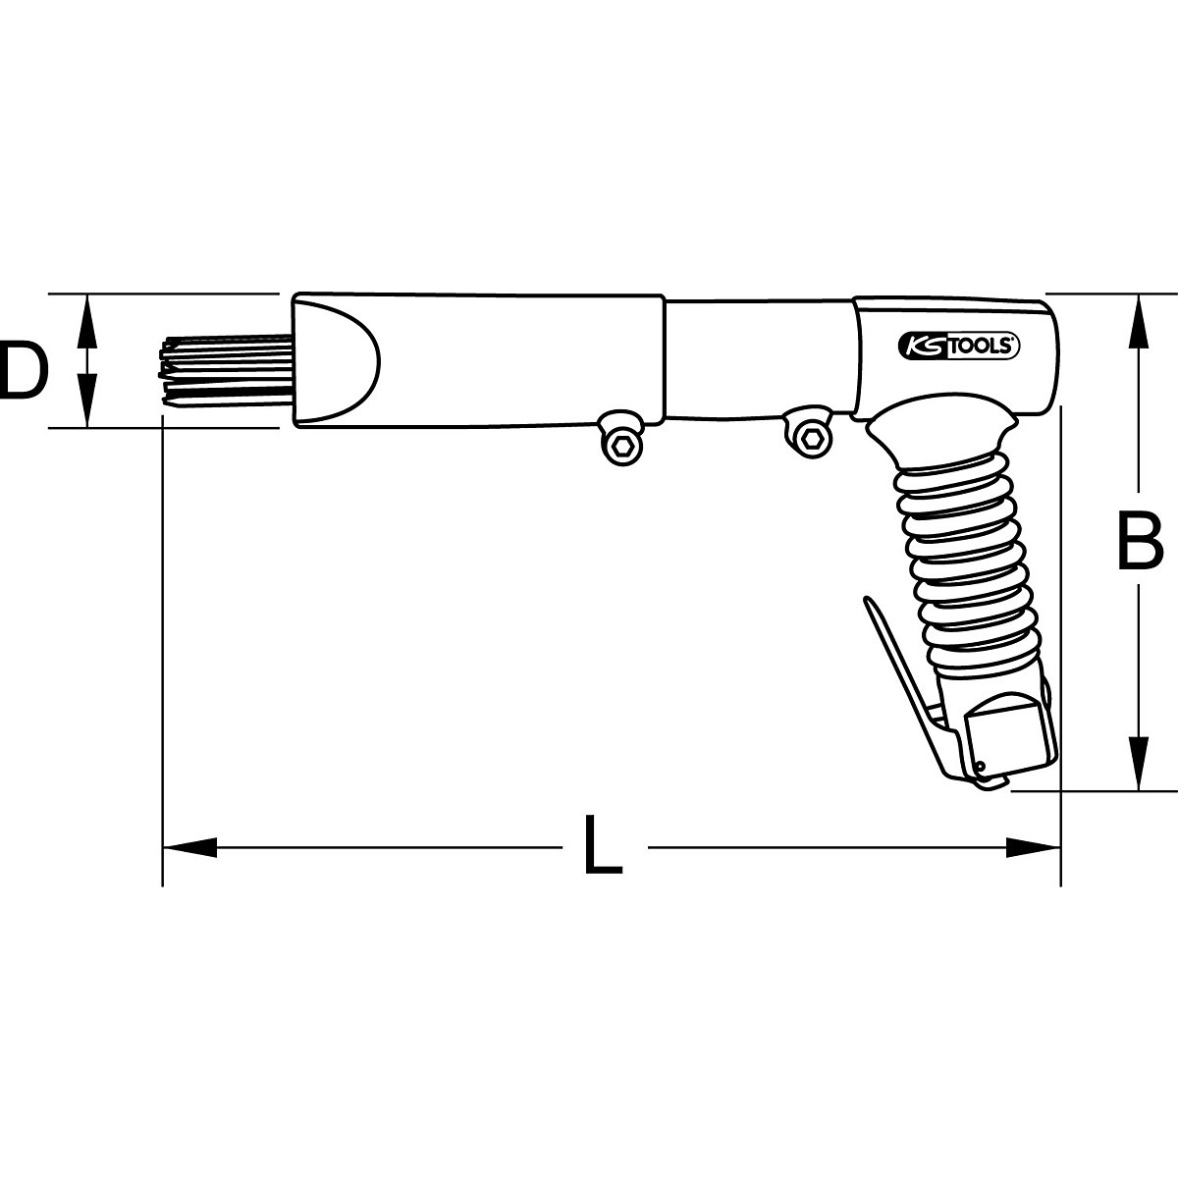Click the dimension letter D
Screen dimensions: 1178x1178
[22, 370]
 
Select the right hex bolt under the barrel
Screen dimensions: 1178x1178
[809, 440]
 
